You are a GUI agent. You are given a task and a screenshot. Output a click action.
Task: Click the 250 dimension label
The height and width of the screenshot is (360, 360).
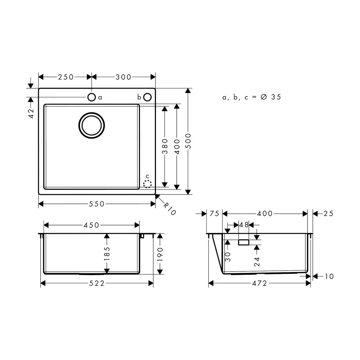coord(66,77)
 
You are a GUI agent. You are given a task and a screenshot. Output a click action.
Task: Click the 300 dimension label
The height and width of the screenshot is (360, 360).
coord(123,77)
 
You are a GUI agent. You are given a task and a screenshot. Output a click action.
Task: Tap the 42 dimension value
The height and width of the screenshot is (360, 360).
coord(31,113)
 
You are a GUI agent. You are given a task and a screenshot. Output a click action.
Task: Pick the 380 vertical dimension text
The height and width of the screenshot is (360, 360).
coord(165,146)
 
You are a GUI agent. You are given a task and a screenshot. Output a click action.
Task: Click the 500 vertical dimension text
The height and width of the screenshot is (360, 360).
coord(188,141)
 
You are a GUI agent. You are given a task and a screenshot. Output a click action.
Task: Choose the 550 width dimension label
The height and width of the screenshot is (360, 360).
coord(96,204)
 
